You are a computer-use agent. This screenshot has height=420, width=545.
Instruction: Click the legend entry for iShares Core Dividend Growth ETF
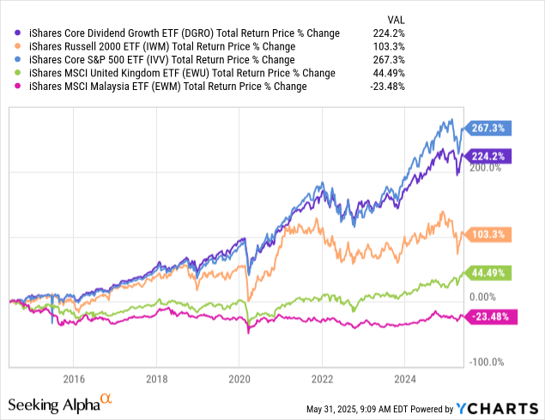[184, 33]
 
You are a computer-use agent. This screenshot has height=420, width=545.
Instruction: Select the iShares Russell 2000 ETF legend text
[162, 46]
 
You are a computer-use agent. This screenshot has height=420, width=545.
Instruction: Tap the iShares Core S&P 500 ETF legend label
[167, 59]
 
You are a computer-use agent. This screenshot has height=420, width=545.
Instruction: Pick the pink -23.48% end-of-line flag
[489, 316]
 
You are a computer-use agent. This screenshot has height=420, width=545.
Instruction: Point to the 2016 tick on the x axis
[74, 377]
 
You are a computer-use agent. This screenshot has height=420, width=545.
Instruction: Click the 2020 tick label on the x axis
[239, 377]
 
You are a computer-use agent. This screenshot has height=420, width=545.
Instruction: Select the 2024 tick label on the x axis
[405, 377]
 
